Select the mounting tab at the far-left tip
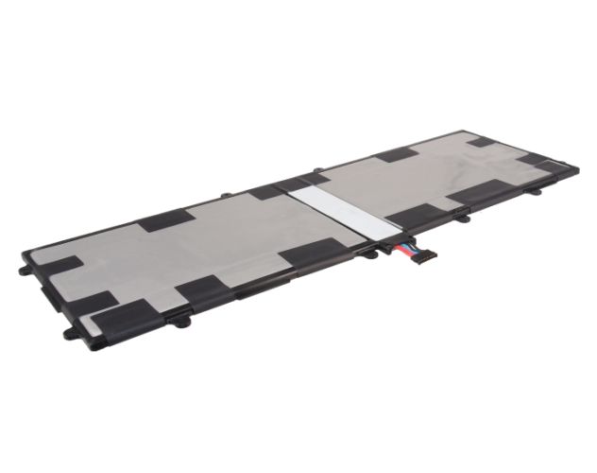point(24,270)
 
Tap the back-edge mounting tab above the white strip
point(315,171)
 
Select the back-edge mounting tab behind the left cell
point(227,195)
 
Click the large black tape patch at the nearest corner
point(118,312)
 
